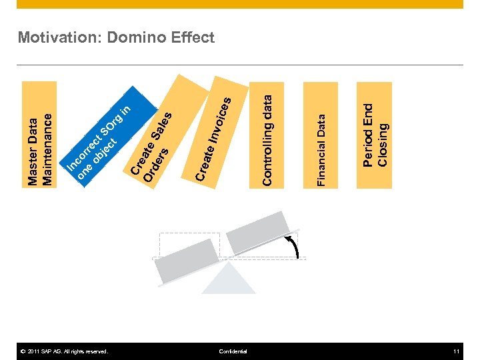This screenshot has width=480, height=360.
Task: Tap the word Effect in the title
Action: coord(192,37)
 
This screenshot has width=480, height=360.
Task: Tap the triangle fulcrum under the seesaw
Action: coord(229,280)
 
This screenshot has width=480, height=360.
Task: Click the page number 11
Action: coord(456,351)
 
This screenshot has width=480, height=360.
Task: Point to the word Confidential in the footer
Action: coord(233,351)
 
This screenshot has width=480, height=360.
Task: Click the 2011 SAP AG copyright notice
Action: coord(64,351)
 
